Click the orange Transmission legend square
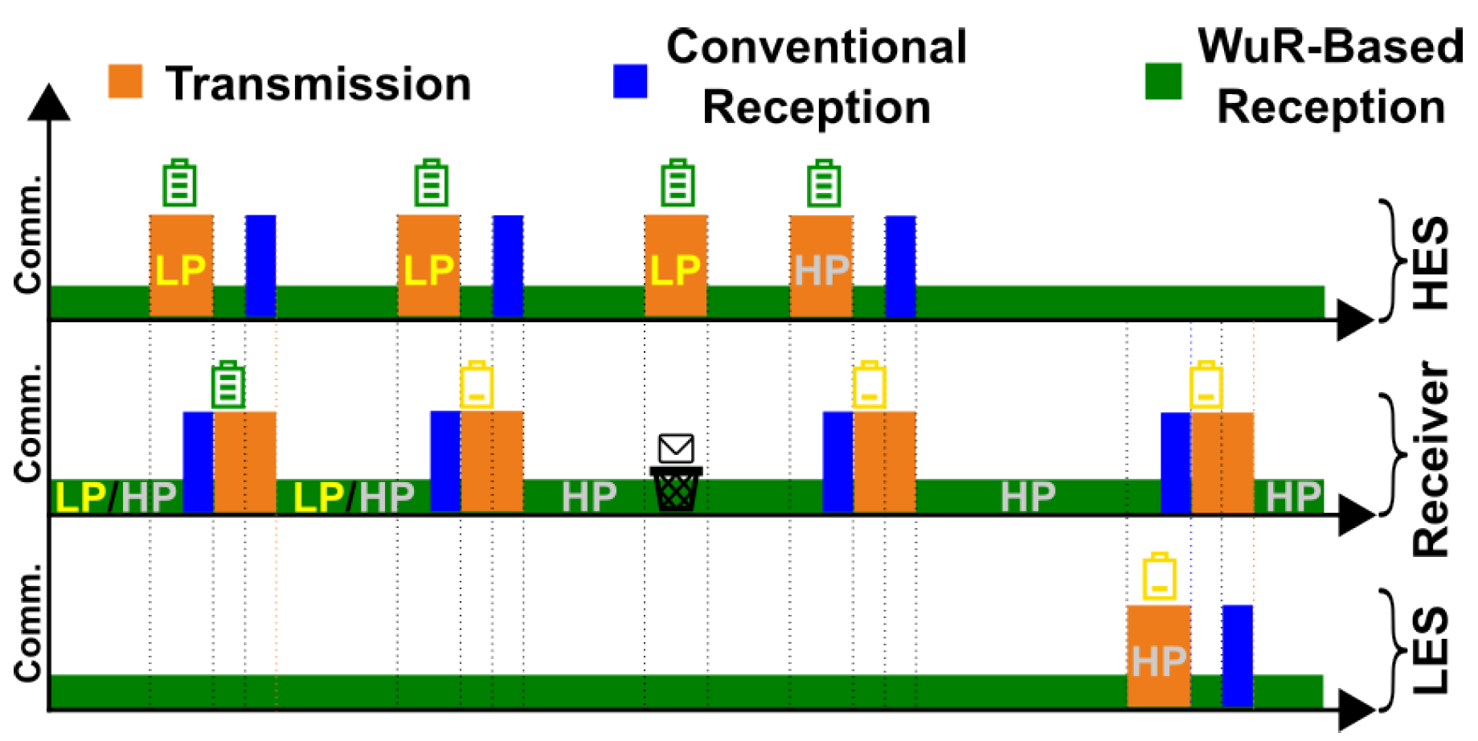[125, 81]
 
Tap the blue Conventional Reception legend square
[630, 81]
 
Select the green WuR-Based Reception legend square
[1163, 81]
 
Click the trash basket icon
[676, 489]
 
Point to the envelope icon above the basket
[676, 448]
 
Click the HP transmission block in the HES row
[821, 266]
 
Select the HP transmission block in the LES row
[1158, 656]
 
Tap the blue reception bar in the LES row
[1238, 656]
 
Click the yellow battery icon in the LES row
[1159, 577]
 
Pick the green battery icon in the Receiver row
[228, 386]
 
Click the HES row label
[1431, 263]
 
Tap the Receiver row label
[1431, 459]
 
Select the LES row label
[1431, 651]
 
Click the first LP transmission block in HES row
[182, 266]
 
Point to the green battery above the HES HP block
[824, 184]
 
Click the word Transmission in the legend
[318, 84]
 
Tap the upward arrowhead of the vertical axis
[49, 102]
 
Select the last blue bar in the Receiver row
[1176, 462]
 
